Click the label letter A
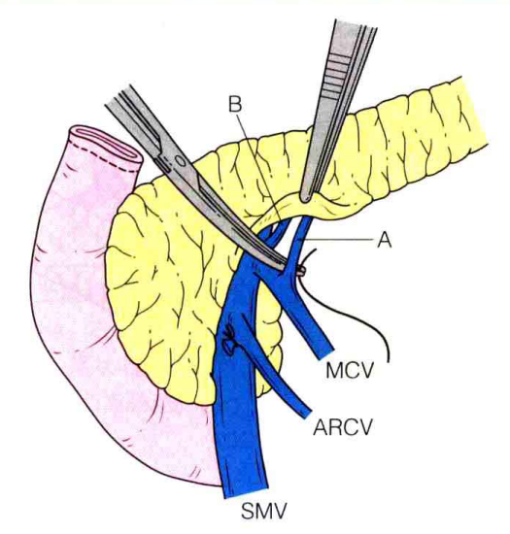[x=384, y=241]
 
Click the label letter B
[x=235, y=105]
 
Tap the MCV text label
[x=350, y=371]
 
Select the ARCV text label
[x=343, y=427]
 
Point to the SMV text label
[x=263, y=512]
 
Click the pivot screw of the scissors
[x=181, y=160]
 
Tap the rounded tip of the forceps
[x=306, y=197]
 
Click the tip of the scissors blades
[x=282, y=266]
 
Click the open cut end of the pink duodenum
[x=106, y=143]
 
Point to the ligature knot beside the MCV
[x=301, y=271]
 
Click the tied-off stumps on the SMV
[x=228, y=340]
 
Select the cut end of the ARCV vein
[x=305, y=413]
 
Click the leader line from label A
[x=336, y=241]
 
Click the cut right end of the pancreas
[x=474, y=113]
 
